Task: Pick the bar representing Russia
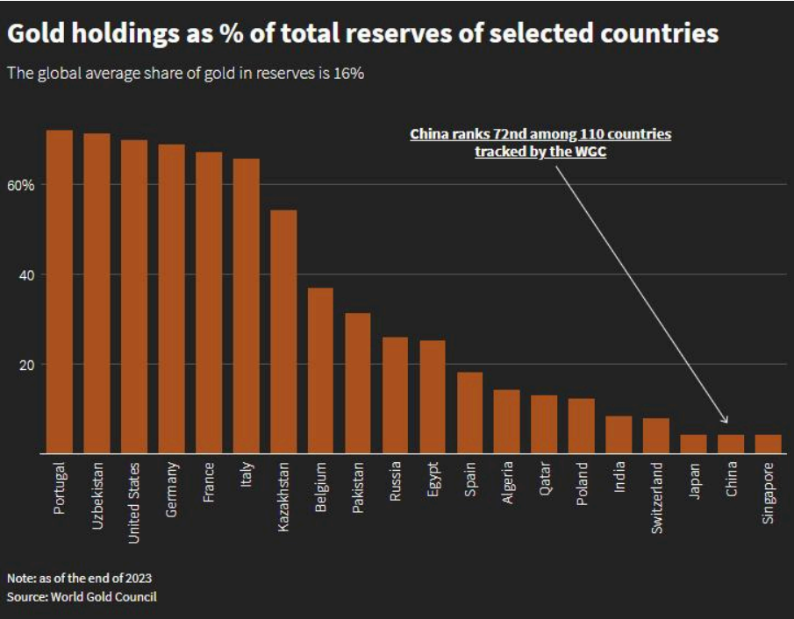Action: (395, 395)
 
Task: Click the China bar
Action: (731, 445)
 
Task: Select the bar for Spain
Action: (469, 413)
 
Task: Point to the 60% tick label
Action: (22, 185)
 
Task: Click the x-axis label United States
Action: (134, 502)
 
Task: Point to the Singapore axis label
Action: (769, 494)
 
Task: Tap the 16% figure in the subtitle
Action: (348, 74)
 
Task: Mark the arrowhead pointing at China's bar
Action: (725, 421)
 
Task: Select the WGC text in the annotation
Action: (590, 152)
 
